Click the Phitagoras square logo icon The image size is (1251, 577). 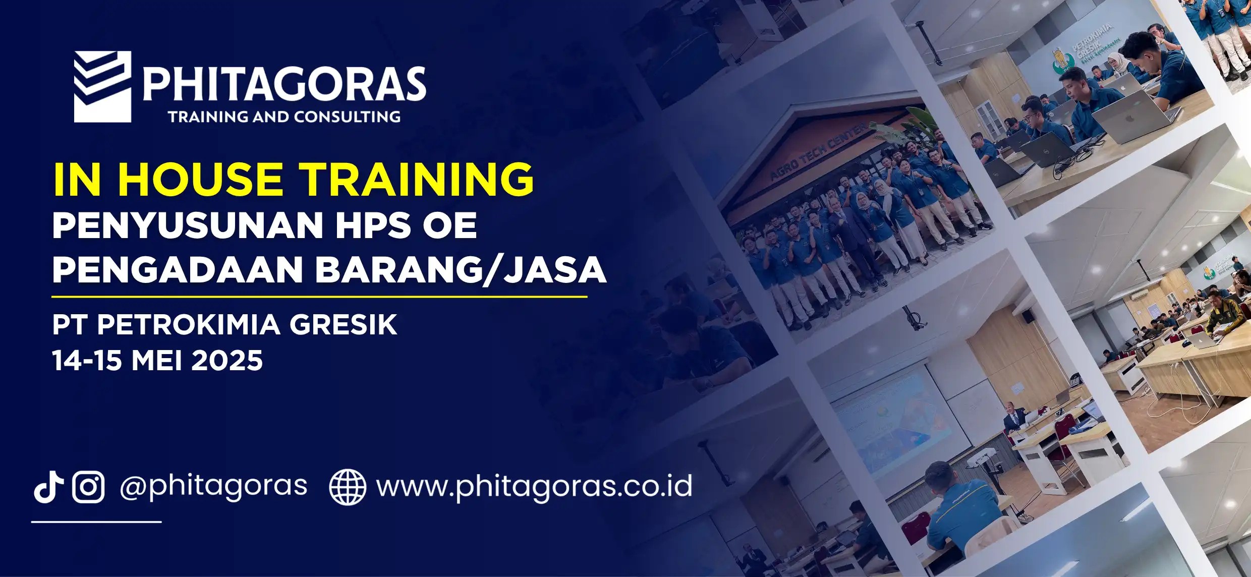pyautogui.click(x=103, y=87)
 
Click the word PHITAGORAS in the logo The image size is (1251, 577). pyautogui.click(x=285, y=84)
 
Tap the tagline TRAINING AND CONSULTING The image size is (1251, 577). pyautogui.click(x=285, y=117)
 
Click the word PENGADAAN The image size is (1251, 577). pyautogui.click(x=177, y=270)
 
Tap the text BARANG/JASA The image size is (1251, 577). pyautogui.click(x=460, y=270)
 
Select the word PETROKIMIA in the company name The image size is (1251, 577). pyautogui.click(x=188, y=324)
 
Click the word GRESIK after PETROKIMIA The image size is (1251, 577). pyautogui.click(x=343, y=324)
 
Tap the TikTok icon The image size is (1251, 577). pyautogui.click(x=48, y=487)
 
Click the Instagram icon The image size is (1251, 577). pyautogui.click(x=88, y=487)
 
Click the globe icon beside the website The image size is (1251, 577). pyautogui.click(x=347, y=487)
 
